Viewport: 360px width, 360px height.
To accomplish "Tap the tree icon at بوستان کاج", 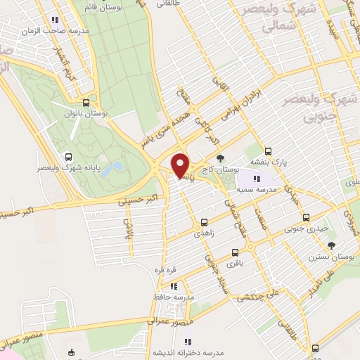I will pos(221,157).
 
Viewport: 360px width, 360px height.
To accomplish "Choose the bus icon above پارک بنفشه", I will pos(268,150).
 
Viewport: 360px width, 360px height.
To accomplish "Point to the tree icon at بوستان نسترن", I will pos(331,245).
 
